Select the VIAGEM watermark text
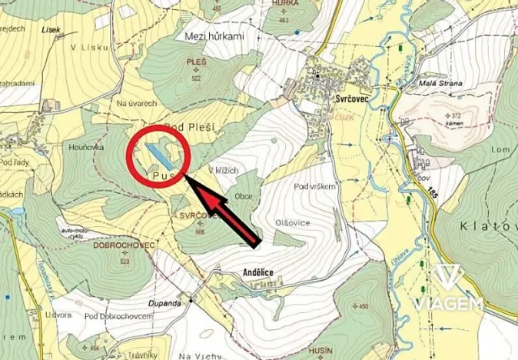point(449,304)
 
